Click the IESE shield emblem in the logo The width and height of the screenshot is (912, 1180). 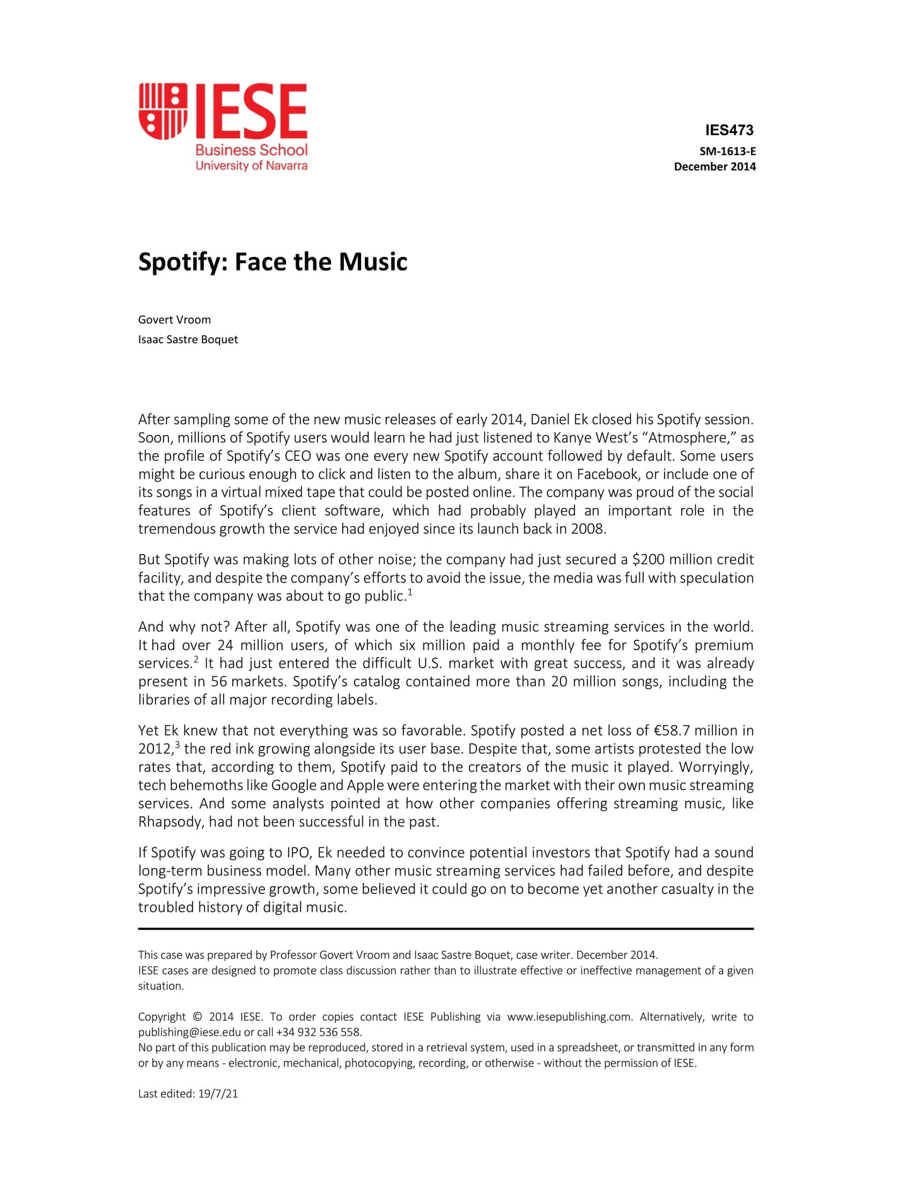163,111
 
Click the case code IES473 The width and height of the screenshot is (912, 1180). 729,131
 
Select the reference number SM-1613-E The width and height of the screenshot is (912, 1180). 727,151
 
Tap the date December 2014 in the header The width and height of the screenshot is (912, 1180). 714,167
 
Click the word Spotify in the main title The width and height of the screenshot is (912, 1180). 179,262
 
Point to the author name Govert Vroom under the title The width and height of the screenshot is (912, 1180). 174,320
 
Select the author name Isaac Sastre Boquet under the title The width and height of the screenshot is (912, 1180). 188,339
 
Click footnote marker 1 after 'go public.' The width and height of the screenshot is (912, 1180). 410,593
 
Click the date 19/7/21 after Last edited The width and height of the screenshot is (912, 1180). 218,1094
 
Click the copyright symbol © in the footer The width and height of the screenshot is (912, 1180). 197,1017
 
